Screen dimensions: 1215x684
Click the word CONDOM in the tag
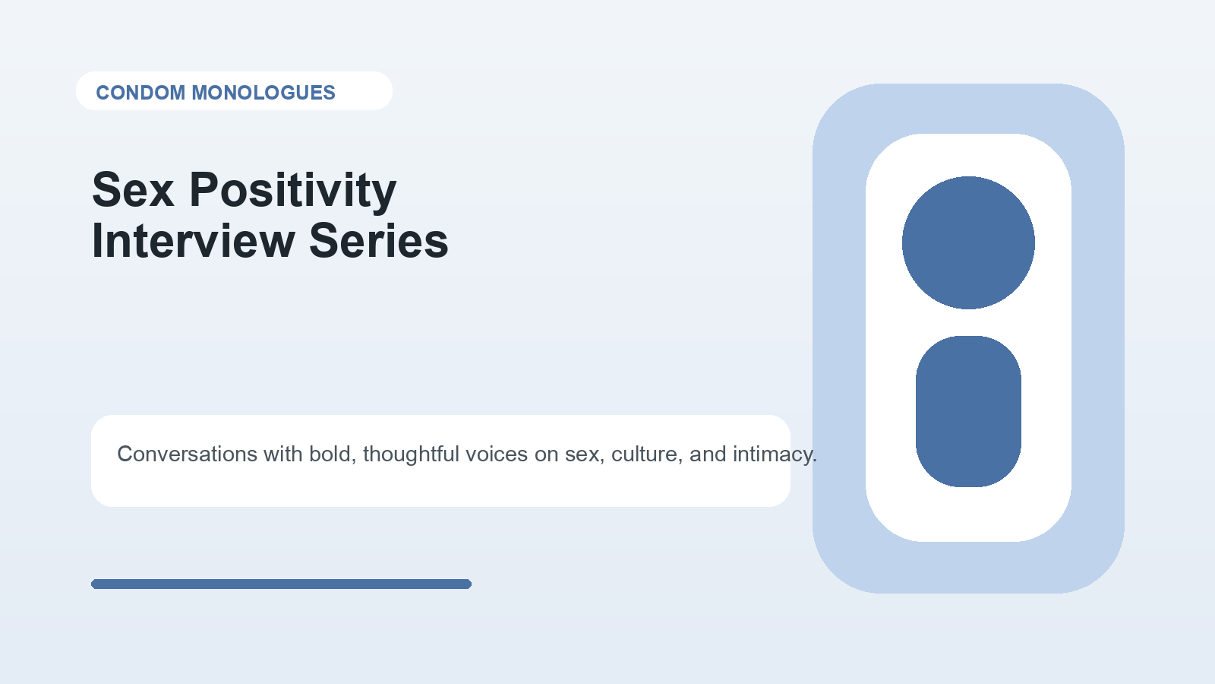(140, 93)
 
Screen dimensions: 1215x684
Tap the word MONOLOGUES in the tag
(264, 93)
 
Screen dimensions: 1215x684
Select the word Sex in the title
(134, 190)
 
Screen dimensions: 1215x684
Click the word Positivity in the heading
(293, 192)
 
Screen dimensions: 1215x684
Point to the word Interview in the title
(194, 241)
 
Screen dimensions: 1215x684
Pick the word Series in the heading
(379, 241)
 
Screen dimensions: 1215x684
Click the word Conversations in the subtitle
(187, 454)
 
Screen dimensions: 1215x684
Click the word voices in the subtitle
(497, 454)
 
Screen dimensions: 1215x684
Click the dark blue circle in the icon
(968, 242)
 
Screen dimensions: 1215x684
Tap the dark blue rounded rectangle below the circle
(968, 411)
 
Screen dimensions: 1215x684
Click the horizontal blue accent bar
(281, 584)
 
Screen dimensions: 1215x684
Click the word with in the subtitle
(283, 454)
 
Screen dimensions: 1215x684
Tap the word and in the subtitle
(707, 454)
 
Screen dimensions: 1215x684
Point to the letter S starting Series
(323, 241)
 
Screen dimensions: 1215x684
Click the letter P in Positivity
(204, 189)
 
